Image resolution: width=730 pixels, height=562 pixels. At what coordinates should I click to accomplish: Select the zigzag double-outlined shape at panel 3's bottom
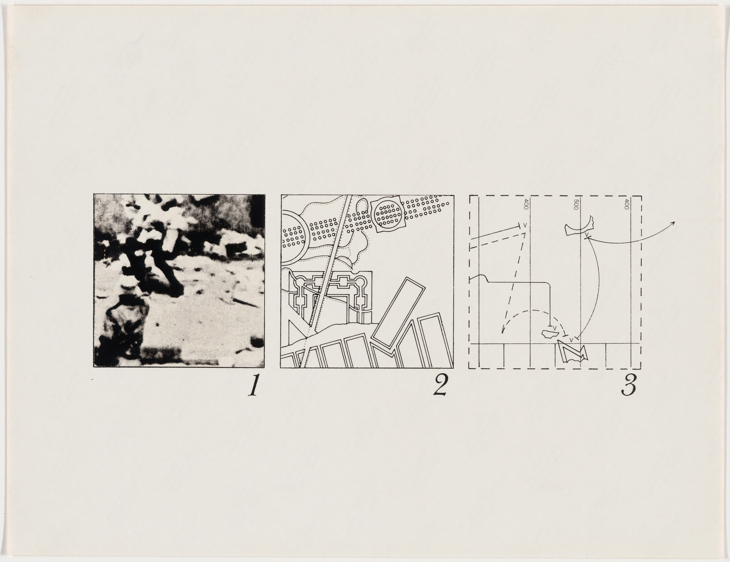tap(571, 352)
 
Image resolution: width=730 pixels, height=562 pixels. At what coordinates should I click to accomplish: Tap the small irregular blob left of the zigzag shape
tap(550, 333)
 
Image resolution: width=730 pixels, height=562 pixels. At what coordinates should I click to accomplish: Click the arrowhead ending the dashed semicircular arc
tap(503, 332)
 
